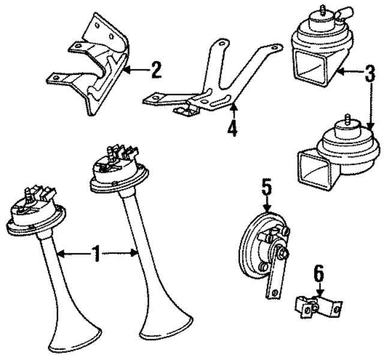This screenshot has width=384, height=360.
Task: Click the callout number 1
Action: point(97,255)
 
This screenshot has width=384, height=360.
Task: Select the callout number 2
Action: point(156,70)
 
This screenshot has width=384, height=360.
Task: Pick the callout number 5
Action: point(268,187)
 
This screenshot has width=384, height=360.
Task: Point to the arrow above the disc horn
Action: point(268,204)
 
